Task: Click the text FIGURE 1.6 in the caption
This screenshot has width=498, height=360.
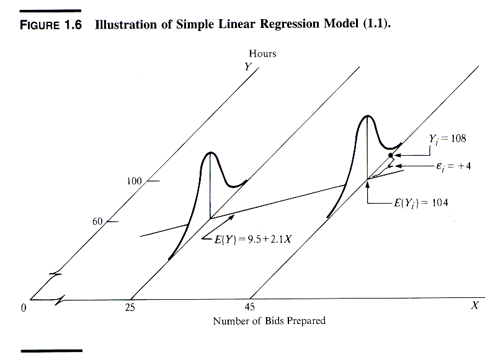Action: point(52,27)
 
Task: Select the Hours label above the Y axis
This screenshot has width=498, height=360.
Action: point(262,53)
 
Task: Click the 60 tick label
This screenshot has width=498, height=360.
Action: point(97,221)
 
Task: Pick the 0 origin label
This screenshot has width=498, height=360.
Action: point(24,307)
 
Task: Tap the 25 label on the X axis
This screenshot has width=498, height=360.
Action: point(130,307)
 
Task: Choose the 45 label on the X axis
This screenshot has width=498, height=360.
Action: point(249,307)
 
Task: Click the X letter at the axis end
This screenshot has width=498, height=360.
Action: point(474,305)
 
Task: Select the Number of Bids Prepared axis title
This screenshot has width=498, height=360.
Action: point(269,321)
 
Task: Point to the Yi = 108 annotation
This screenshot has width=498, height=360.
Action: point(447,138)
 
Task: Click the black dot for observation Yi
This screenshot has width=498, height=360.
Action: point(390,155)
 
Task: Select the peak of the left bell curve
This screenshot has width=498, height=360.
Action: point(211,153)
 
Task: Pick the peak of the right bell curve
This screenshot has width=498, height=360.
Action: point(368,116)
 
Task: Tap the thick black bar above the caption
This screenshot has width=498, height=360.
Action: point(51,10)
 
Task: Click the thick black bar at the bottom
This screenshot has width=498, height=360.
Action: point(51,351)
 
